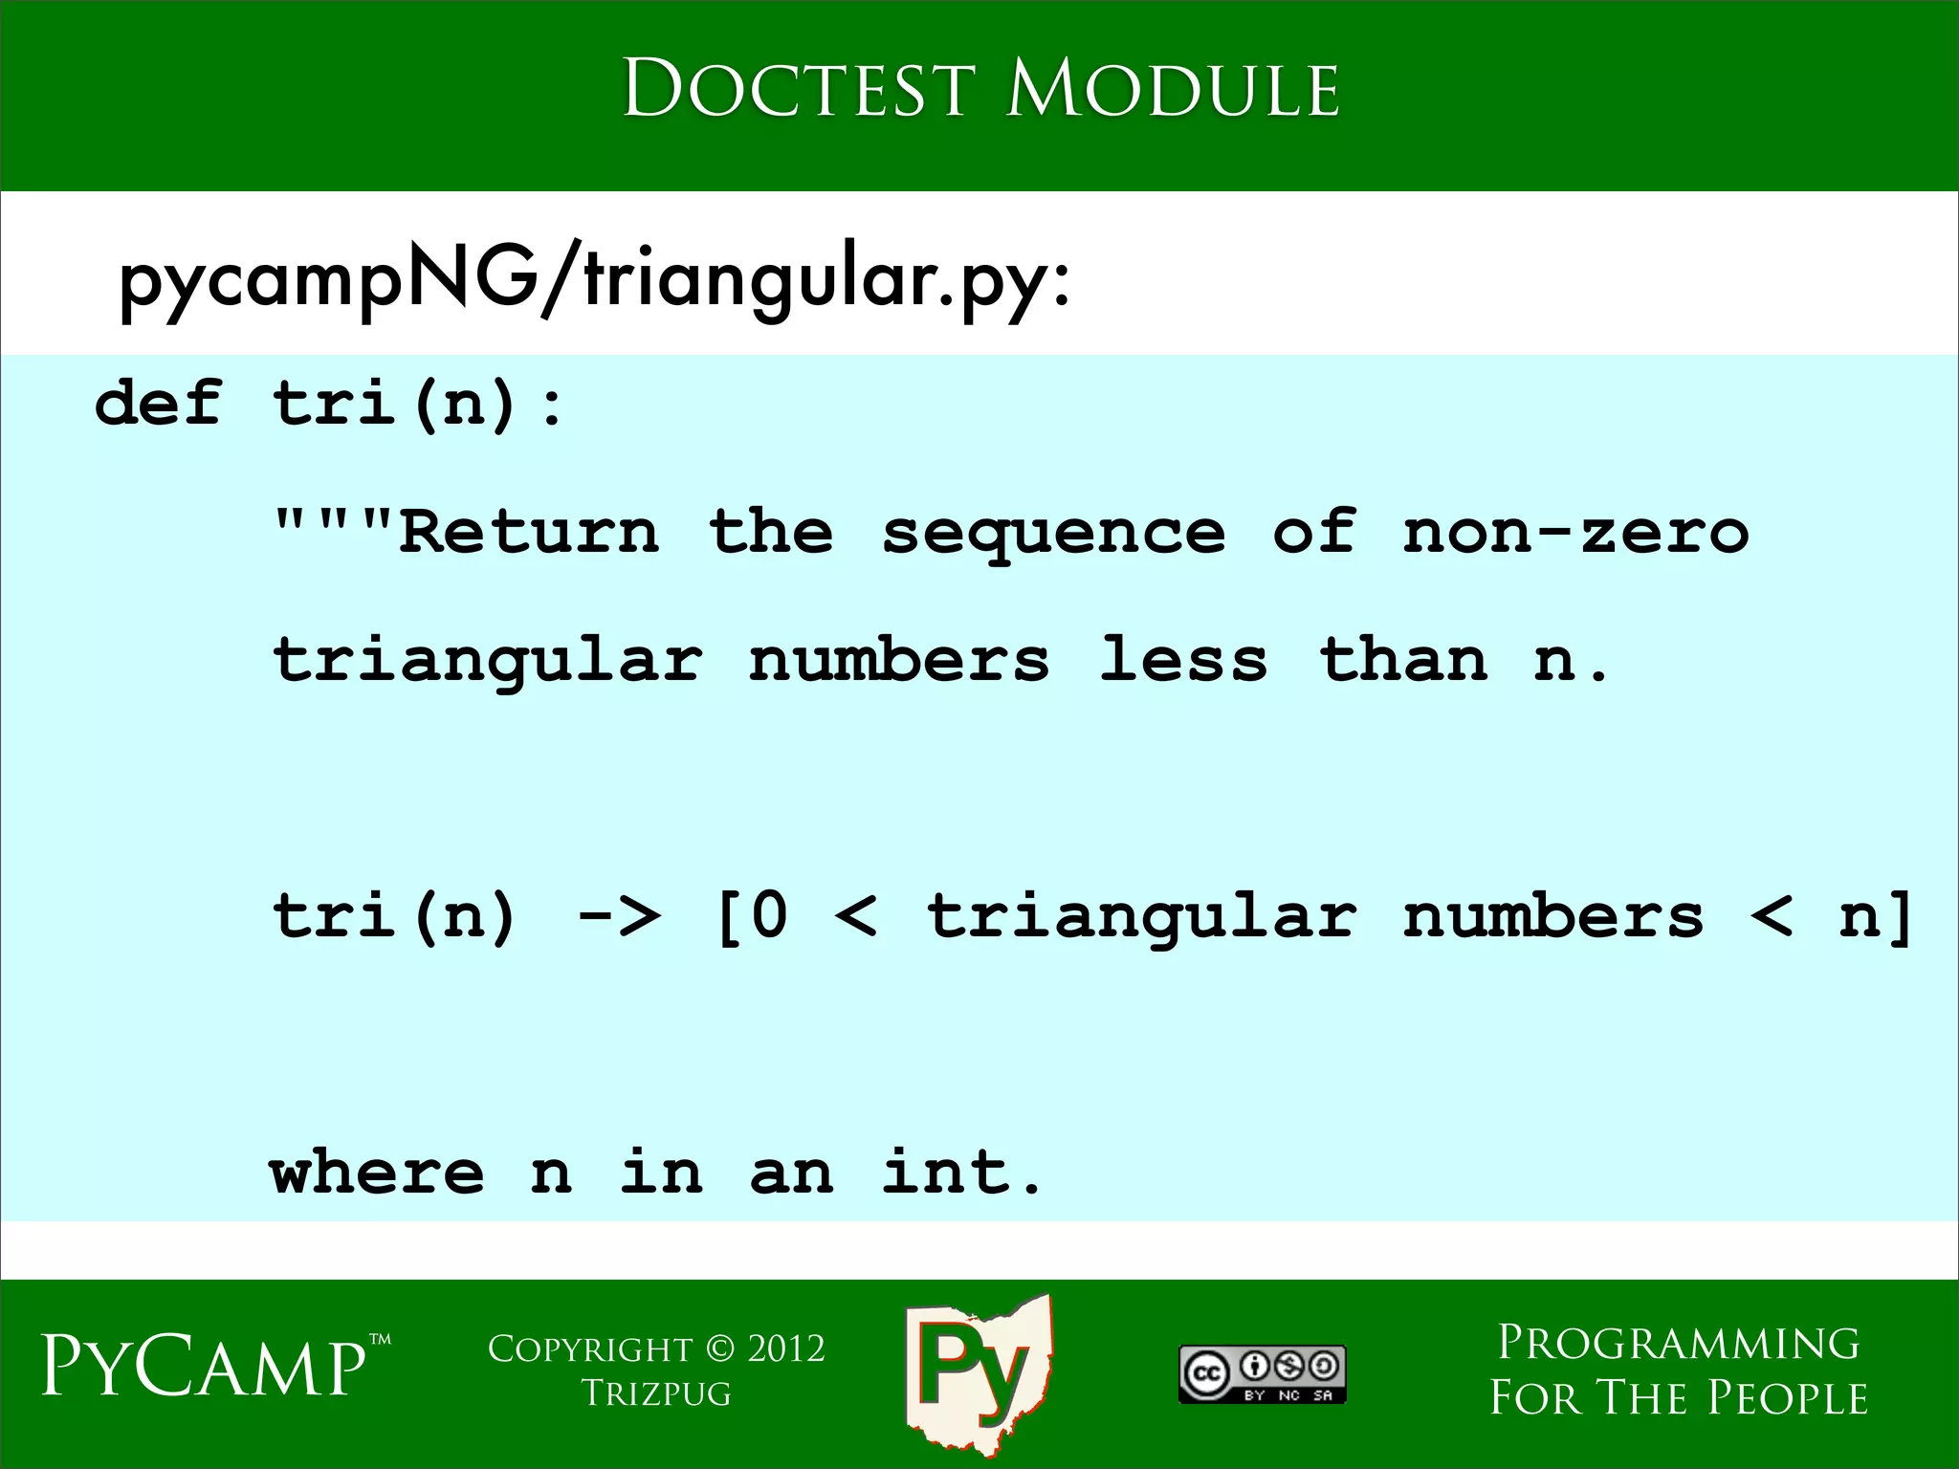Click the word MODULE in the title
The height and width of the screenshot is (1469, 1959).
click(1173, 90)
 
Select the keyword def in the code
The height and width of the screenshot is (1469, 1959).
click(159, 403)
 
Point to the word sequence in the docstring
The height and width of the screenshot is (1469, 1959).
click(1053, 534)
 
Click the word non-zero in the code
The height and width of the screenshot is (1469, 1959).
click(1575, 532)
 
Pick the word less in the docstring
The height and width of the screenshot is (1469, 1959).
click(1184, 660)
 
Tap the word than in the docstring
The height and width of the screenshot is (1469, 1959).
click(1403, 660)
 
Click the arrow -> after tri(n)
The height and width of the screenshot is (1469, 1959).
click(619, 916)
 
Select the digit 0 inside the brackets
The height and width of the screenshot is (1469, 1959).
click(770, 915)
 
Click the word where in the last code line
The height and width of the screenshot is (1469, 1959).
click(377, 1172)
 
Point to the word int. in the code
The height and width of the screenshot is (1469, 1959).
click(961, 1172)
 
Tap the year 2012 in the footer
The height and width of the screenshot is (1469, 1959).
click(786, 1348)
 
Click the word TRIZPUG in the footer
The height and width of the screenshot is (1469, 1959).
click(656, 1393)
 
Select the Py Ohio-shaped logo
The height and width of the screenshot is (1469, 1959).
click(978, 1372)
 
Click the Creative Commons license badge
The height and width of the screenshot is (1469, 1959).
click(1262, 1374)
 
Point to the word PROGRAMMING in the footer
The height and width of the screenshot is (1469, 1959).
click(1679, 1343)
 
